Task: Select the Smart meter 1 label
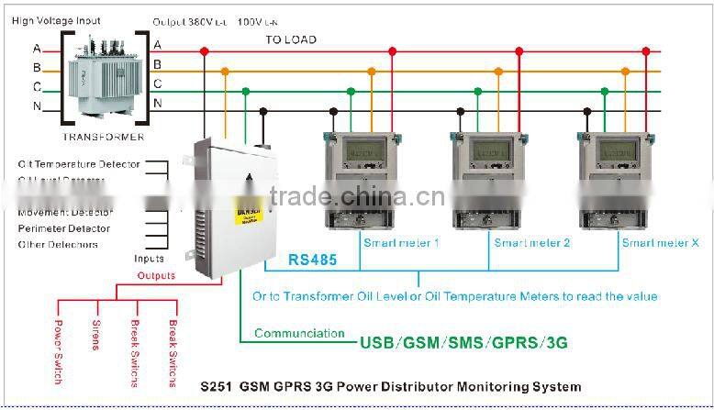(401, 243)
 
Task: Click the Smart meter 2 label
(532, 243)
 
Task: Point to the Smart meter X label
(660, 243)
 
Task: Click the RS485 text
(312, 260)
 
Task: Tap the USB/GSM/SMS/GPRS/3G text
(463, 343)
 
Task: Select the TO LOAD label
(291, 39)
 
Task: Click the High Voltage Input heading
(56, 20)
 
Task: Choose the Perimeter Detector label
(64, 228)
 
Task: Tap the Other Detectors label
(58, 245)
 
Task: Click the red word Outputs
(156, 275)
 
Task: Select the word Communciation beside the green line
(299, 333)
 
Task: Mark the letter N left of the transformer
(37, 105)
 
